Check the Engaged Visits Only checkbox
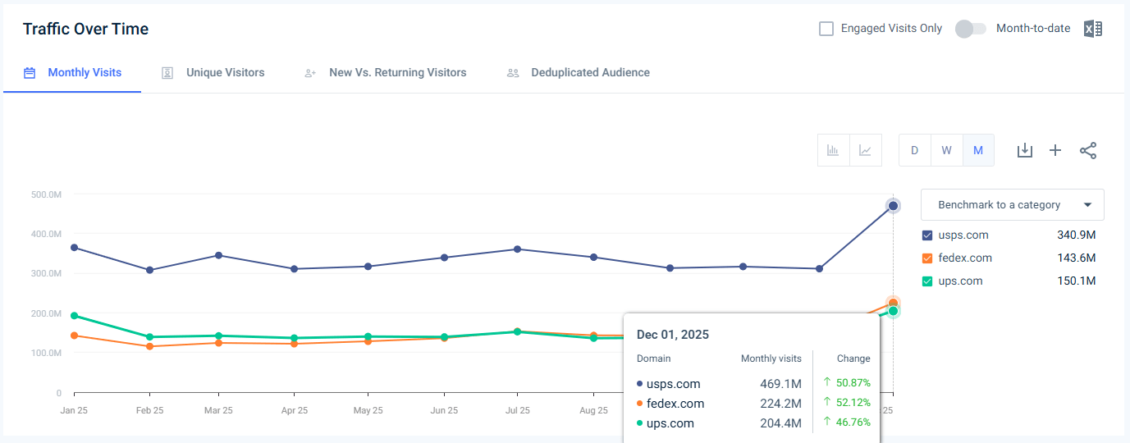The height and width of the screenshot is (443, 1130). pyautogui.click(x=826, y=29)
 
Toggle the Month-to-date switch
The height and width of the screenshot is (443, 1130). pyautogui.click(x=970, y=29)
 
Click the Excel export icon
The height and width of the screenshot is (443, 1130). pyautogui.click(x=1092, y=29)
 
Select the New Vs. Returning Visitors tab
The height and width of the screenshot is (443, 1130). pyautogui.click(x=397, y=73)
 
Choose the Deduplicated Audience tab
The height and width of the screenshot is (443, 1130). pyautogui.click(x=589, y=73)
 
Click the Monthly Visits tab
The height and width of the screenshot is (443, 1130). pyautogui.click(x=84, y=73)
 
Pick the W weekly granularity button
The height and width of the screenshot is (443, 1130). pyautogui.click(x=946, y=150)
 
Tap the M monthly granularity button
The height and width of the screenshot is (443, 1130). pyautogui.click(x=977, y=150)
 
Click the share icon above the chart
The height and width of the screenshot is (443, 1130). pyautogui.click(x=1088, y=150)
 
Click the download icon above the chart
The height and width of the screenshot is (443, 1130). pyautogui.click(x=1024, y=150)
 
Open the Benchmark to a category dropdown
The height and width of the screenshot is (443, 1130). pyautogui.click(x=1012, y=205)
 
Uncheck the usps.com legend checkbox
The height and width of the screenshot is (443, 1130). pyautogui.click(x=927, y=235)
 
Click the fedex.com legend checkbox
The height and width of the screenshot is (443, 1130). pyautogui.click(x=927, y=258)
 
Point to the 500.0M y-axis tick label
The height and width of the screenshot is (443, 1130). pyautogui.click(x=45, y=194)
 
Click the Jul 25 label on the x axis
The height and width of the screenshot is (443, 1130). pyautogui.click(x=517, y=410)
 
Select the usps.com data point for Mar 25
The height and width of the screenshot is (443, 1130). pyautogui.click(x=218, y=255)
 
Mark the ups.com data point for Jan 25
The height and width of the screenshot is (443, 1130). pyautogui.click(x=75, y=316)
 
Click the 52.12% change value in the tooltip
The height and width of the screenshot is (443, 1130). pyautogui.click(x=853, y=403)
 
